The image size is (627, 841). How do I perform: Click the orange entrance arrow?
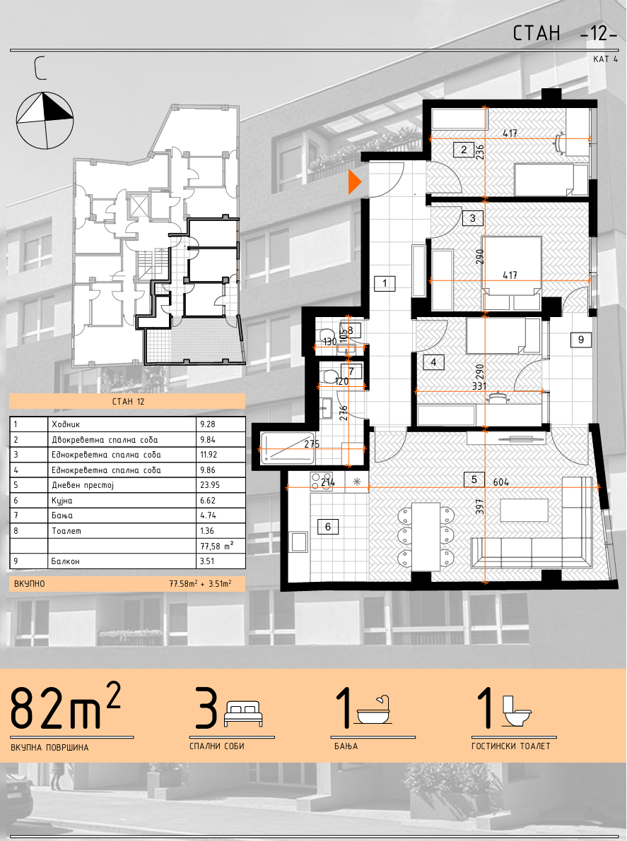pos(354,181)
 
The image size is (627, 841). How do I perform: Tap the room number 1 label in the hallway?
pos(385,282)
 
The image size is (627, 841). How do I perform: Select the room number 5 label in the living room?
pos(474,479)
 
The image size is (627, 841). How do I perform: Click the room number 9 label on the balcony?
pos(581,340)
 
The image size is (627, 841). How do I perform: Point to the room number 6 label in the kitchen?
pos(328,527)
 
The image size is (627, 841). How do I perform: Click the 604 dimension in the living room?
pos(501,482)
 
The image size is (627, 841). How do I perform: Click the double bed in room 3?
pos(511,273)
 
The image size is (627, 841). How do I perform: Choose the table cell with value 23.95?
pos(221,485)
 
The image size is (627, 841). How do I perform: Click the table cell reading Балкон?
pos(122,561)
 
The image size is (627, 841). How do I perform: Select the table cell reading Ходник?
pos(122,424)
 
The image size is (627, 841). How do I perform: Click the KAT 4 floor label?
pos(605,59)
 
